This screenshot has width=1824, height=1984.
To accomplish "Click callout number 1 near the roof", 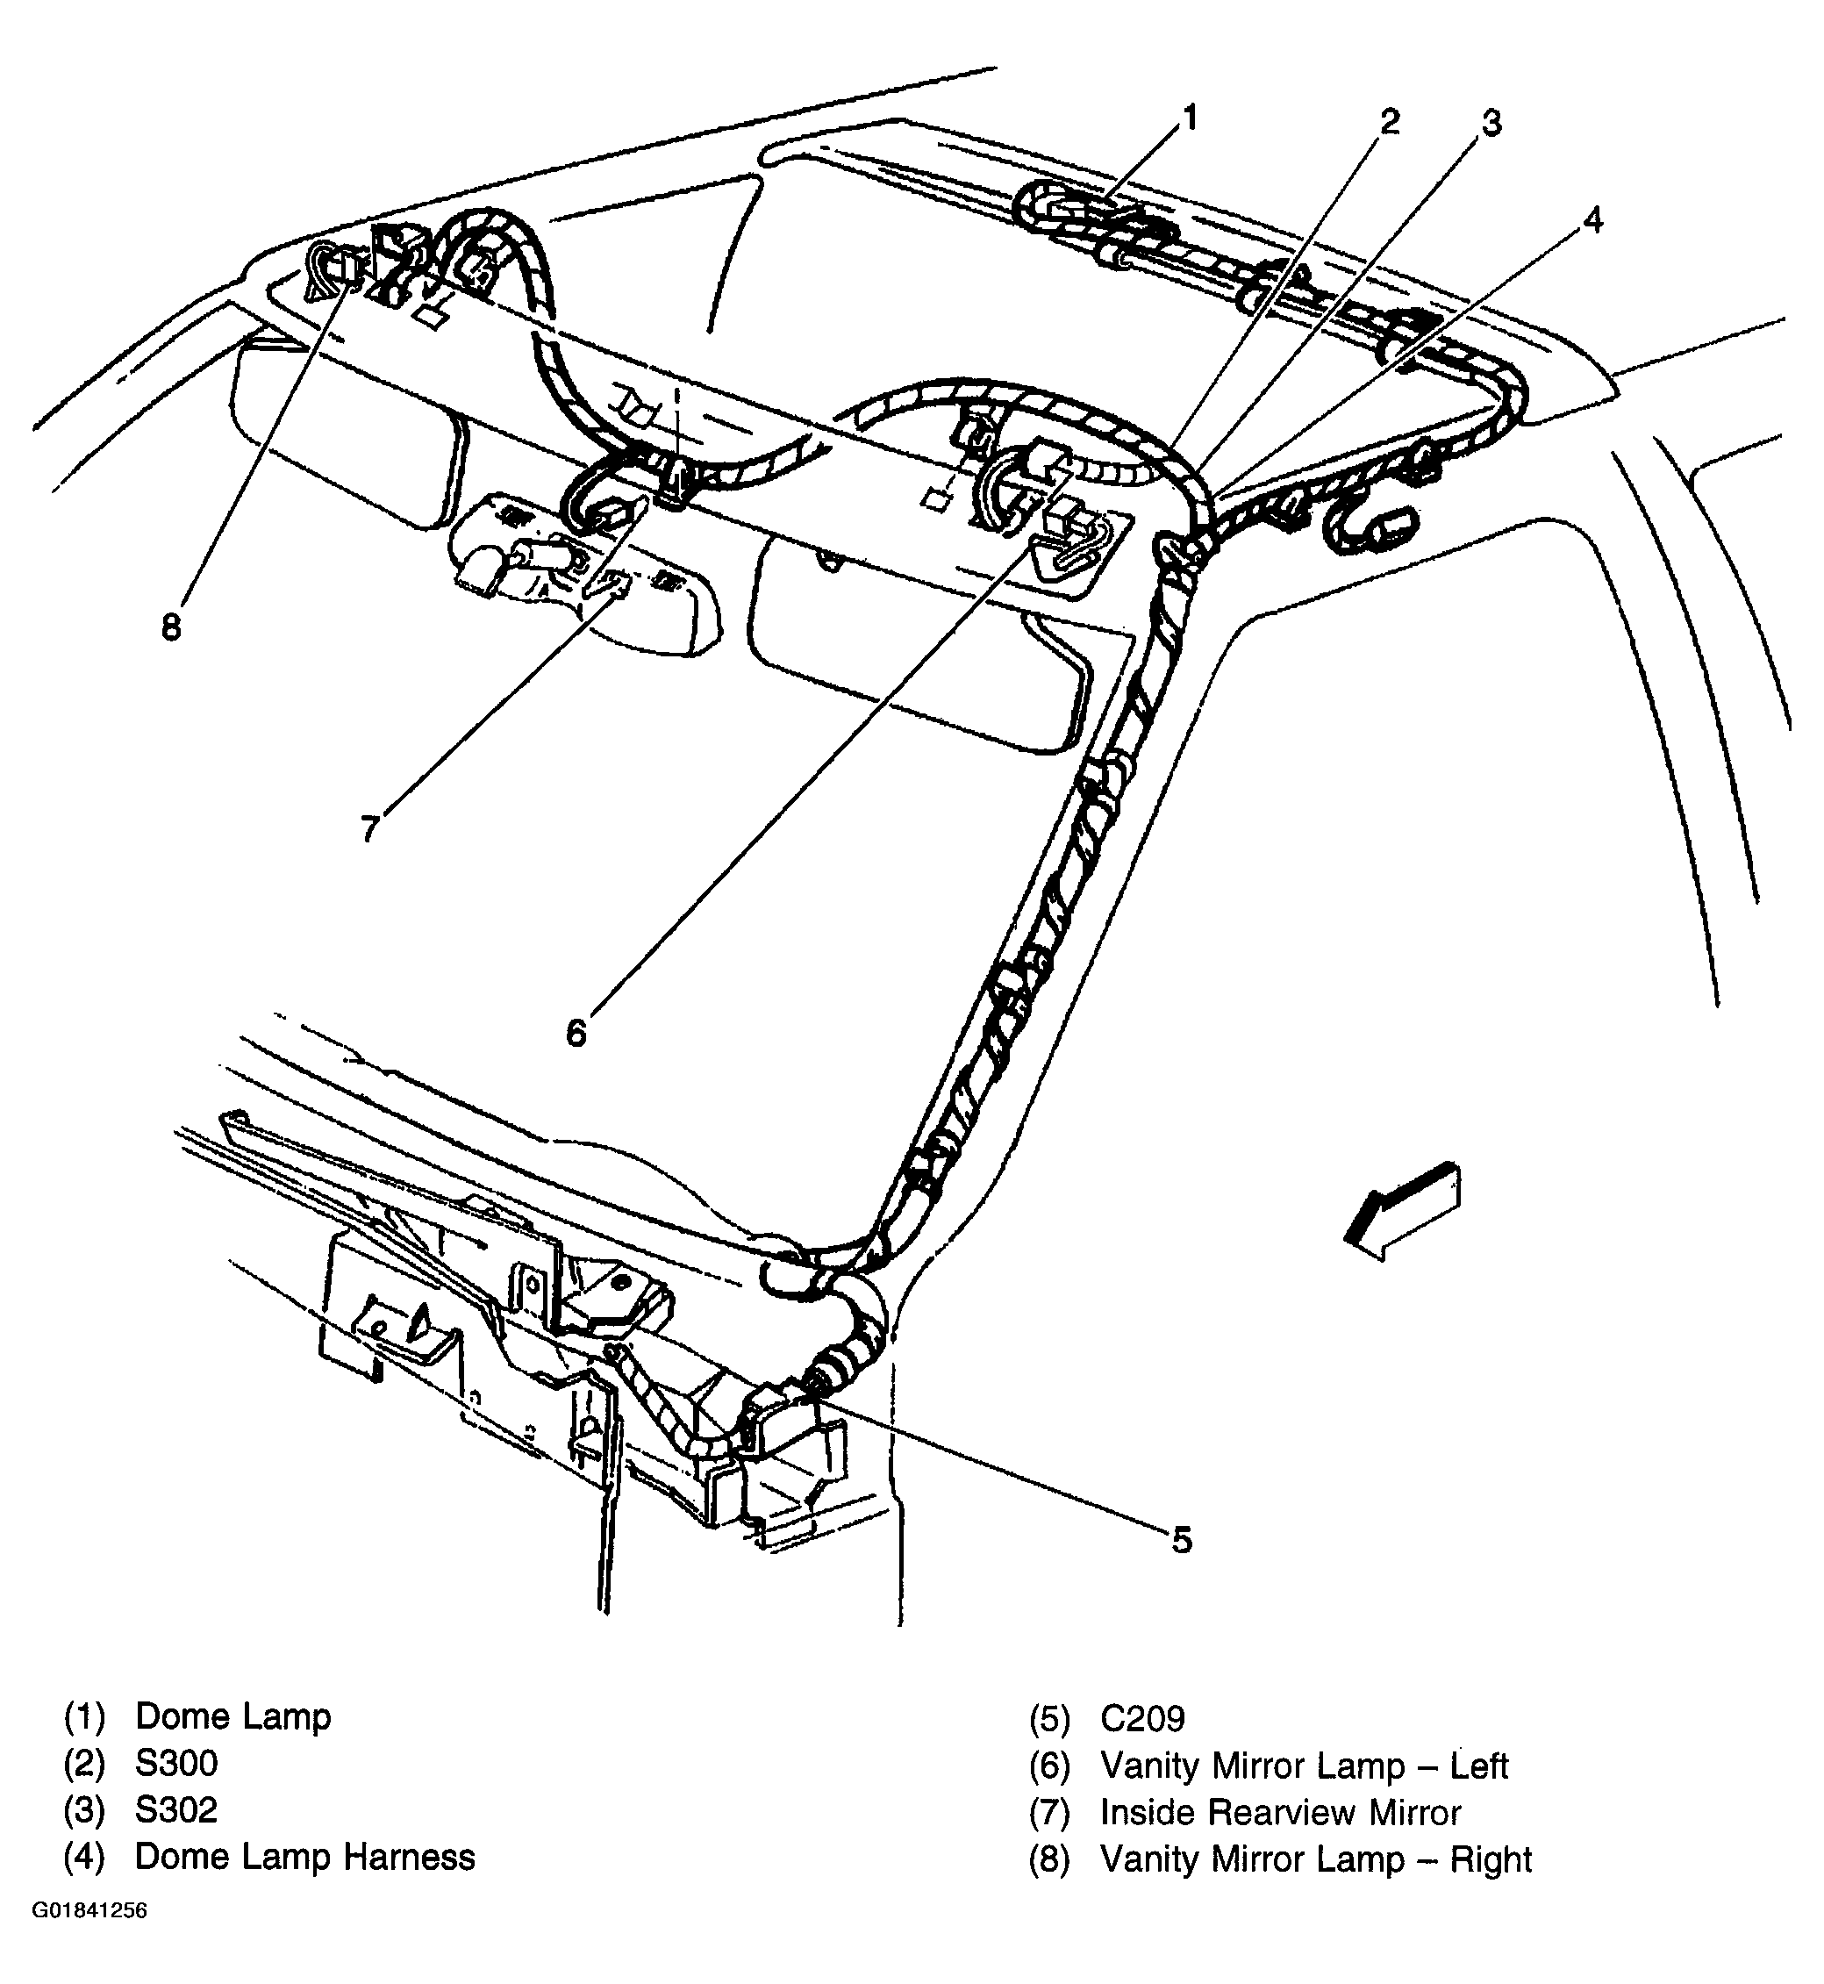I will tap(1190, 118).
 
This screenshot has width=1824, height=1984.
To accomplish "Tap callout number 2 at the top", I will tap(1390, 122).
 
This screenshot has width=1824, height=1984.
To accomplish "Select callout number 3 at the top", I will tap(1491, 125).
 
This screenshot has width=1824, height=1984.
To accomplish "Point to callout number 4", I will tap(1594, 220).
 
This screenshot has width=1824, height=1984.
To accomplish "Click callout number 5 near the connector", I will tap(1183, 1540).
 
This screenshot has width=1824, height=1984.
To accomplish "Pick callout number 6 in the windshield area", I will tap(576, 1033).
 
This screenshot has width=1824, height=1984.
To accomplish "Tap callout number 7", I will tap(370, 827).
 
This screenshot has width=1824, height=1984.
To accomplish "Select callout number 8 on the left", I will tap(172, 626).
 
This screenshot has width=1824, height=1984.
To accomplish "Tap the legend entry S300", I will tap(176, 1763).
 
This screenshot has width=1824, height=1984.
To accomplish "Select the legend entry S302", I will tap(176, 1809).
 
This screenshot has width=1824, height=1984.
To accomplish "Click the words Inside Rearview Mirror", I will tap(1280, 1812).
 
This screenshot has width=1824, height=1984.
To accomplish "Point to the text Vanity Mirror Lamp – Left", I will tap(1304, 1766).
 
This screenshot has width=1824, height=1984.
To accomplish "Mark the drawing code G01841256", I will tap(89, 1938).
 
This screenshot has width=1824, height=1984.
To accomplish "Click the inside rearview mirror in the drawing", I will tap(583, 583).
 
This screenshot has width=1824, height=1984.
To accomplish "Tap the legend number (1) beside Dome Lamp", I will tap(84, 1716).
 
